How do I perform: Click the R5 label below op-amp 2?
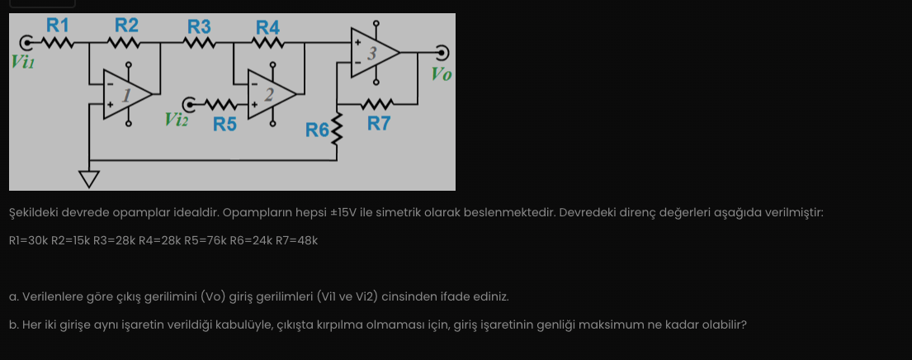point(224,125)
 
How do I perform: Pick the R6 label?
point(316,130)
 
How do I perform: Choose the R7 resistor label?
point(379,124)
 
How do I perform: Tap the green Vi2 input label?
point(177,120)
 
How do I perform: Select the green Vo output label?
point(442,75)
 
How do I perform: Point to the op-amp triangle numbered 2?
point(271,94)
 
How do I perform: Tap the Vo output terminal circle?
point(442,53)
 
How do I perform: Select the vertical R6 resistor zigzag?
point(336,128)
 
